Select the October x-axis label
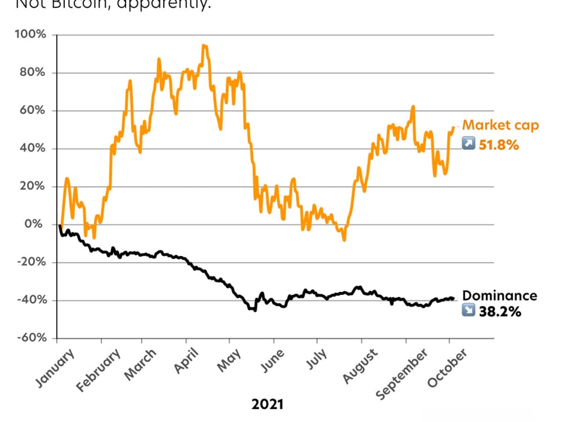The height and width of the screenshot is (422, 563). [447, 369]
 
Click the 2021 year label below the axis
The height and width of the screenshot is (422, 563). [267, 404]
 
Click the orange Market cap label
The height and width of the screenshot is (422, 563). [501, 125]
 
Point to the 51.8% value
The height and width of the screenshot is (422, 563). [499, 145]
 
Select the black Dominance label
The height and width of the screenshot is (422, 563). [500, 295]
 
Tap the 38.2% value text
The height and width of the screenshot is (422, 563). [500, 311]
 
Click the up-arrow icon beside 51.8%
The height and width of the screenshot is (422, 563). [469, 143]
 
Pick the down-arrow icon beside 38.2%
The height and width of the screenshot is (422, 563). [469, 310]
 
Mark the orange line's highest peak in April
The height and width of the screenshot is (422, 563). [204, 45]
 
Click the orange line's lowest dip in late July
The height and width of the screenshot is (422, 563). [344, 240]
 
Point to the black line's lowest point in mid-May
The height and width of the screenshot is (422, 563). [255, 310]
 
